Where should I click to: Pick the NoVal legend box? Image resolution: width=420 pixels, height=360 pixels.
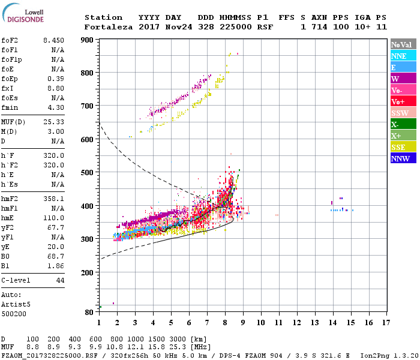point(401,44)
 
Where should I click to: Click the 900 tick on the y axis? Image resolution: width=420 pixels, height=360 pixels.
point(88,40)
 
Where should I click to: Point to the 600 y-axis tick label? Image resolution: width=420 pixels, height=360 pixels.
point(88,139)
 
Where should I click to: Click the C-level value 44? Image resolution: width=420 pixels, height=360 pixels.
point(60,280)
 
